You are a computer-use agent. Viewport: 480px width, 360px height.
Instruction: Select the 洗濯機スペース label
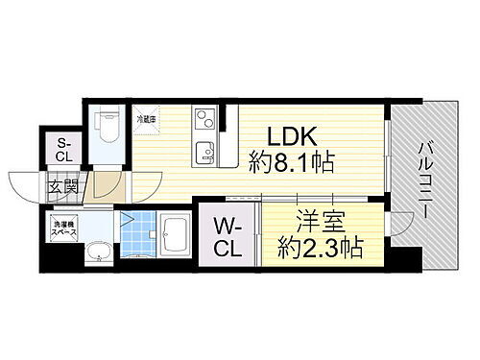tap(63, 228)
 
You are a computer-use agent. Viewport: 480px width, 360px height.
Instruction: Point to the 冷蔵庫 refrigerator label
tap(146, 118)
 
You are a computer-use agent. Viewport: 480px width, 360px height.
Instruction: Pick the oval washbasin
tap(101, 252)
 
